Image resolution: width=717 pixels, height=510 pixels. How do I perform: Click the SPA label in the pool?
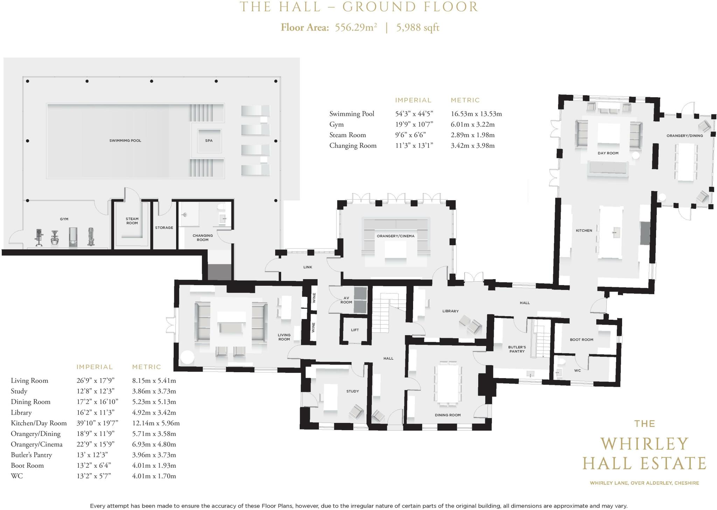209,141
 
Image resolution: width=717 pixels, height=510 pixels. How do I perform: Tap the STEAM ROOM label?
132,221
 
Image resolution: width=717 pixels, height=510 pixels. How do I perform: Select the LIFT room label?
355,330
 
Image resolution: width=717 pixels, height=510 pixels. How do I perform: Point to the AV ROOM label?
346,300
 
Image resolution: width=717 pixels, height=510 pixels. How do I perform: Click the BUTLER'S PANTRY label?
517,349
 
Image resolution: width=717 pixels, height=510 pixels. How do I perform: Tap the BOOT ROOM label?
582,340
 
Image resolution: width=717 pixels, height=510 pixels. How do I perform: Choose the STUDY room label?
353,391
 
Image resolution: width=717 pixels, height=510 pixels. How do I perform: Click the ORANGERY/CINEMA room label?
396,236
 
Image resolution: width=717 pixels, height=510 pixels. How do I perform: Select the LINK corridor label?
308,267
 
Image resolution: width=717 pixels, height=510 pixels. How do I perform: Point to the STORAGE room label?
164,228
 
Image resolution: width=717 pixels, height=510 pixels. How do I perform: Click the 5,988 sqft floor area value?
418,27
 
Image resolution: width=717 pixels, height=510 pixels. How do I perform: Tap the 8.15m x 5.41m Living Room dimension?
154,381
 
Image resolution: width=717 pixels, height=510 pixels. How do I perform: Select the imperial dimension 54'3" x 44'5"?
414,114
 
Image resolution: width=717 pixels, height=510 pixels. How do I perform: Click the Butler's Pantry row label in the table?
32,455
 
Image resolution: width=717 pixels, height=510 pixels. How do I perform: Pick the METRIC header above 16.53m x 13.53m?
465,100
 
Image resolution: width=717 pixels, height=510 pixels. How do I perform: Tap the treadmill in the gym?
73,238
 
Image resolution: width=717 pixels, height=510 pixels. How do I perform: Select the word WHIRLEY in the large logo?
645,444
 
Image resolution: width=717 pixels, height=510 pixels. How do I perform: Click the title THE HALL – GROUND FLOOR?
358,7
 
